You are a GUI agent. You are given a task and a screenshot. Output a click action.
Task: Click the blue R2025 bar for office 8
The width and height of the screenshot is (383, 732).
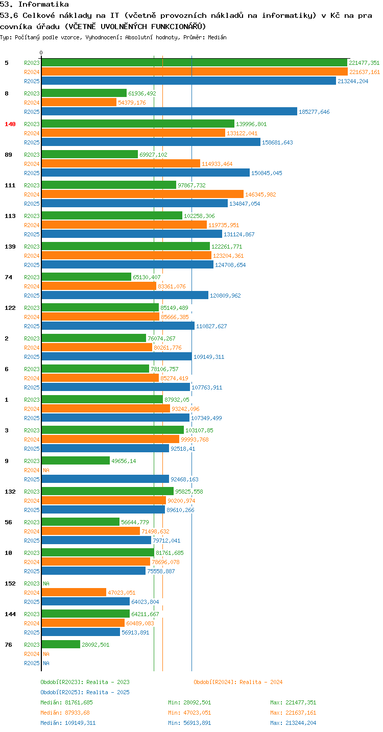[x=169, y=111]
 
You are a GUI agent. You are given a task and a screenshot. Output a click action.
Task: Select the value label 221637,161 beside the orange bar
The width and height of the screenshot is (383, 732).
[x=365, y=72]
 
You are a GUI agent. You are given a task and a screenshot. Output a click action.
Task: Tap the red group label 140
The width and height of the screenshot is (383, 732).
[x=10, y=124]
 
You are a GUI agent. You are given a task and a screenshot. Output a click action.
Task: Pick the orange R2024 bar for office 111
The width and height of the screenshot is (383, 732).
[x=142, y=194]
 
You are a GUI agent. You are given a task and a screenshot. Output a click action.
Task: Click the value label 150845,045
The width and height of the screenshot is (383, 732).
[x=267, y=173]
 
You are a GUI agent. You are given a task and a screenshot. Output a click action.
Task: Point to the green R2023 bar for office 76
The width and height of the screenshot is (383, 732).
[x=61, y=644]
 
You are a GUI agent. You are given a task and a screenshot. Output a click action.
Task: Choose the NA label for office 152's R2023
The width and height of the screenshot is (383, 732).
[x=46, y=583]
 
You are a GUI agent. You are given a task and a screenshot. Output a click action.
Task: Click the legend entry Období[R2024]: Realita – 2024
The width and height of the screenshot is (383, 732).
[x=238, y=682]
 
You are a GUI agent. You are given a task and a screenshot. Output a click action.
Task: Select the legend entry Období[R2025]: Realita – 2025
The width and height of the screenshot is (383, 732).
[x=85, y=692]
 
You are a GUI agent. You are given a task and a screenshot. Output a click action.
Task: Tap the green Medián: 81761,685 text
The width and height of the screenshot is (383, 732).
[x=67, y=702]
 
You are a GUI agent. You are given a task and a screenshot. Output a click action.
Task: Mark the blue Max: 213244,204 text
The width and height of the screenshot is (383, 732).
[x=293, y=722]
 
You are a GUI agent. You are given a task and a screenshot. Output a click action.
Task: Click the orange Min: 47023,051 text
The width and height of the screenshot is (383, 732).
[x=189, y=713]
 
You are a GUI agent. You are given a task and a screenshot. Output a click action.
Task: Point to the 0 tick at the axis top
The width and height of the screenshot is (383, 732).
[x=41, y=53]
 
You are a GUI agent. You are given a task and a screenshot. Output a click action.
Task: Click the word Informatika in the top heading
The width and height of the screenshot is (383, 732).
[x=43, y=4]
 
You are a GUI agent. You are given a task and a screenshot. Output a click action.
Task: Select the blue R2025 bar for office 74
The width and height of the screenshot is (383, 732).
[x=125, y=295]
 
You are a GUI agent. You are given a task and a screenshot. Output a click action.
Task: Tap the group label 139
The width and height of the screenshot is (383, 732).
[x=10, y=247]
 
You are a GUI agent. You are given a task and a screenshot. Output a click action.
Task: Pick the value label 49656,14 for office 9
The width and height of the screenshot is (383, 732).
[x=124, y=461]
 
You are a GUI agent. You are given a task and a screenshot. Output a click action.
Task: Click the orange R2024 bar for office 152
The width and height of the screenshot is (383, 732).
[x=74, y=592]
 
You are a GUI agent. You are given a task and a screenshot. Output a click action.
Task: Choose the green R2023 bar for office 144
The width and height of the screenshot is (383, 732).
[x=86, y=614]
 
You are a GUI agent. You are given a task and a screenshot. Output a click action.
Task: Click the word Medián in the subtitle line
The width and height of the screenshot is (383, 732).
[x=217, y=37]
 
